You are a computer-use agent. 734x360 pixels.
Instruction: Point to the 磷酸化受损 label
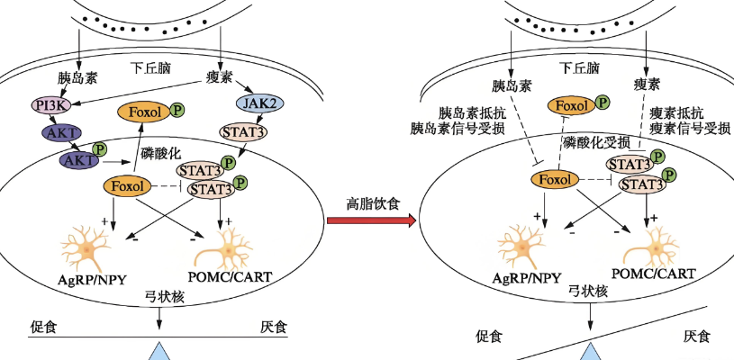(596, 143)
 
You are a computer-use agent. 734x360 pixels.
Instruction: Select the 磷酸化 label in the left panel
(163, 154)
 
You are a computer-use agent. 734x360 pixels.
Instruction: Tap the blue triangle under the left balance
(160, 352)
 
